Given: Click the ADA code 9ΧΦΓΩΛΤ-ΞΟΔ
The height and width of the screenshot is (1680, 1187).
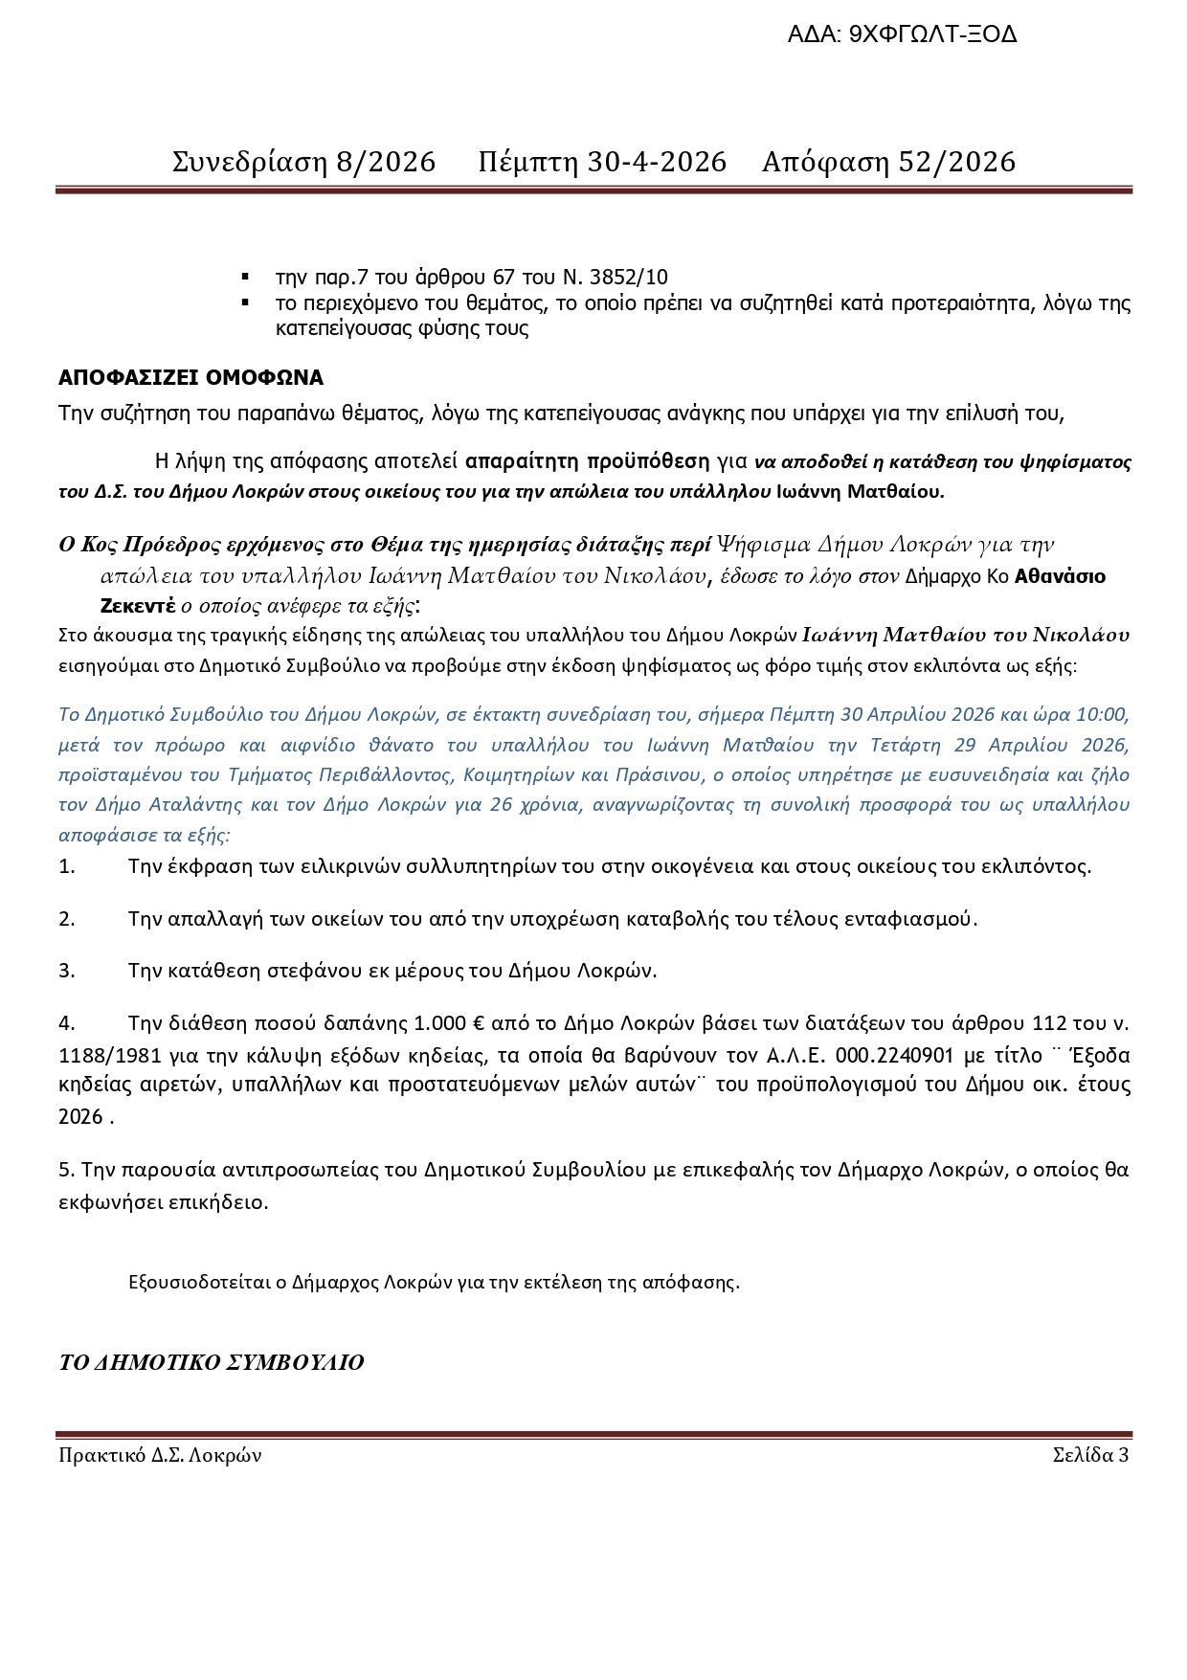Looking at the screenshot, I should pos(932,35).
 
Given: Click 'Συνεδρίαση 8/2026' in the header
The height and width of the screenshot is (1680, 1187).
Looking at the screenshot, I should pos(303,162).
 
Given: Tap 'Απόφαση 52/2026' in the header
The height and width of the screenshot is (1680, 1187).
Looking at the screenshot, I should pos(888,162).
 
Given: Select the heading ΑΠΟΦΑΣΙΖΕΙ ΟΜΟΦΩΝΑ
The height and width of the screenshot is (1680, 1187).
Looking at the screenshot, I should pos(190,377).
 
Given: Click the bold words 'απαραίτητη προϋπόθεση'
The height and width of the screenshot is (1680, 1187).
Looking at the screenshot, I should pos(588,461).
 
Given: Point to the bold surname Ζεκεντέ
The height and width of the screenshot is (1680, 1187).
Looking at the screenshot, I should pos(138,606).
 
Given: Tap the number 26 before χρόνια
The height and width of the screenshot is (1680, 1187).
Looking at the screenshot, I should pos(502,804).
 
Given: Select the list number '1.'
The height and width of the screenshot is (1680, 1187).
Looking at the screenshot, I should pos(67,866).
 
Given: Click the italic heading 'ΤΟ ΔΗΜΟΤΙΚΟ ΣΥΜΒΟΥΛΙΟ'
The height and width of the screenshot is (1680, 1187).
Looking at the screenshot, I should pos(212,1362).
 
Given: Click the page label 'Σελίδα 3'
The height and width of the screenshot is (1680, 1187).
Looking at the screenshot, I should pos(1090,1456).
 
